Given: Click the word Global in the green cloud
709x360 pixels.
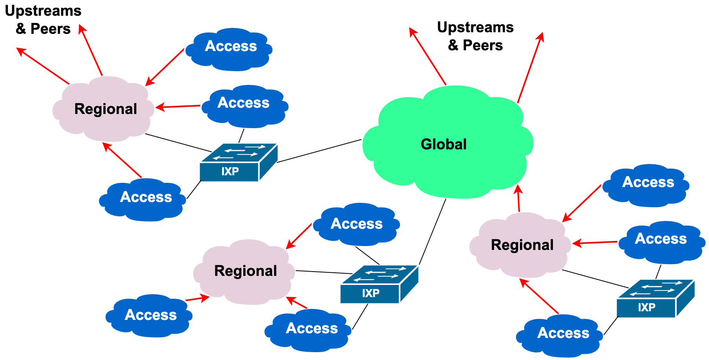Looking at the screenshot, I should [x=443, y=144].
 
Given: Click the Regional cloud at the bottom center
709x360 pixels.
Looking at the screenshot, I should [x=245, y=271].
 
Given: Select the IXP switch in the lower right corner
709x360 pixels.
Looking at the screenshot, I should [x=654, y=299].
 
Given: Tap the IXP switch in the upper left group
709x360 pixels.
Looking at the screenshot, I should [x=238, y=163].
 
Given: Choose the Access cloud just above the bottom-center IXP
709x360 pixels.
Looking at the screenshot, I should [x=357, y=224].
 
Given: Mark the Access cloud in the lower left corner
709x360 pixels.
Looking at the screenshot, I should [x=150, y=315].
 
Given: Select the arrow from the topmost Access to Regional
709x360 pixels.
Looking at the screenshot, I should [x=165, y=67].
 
